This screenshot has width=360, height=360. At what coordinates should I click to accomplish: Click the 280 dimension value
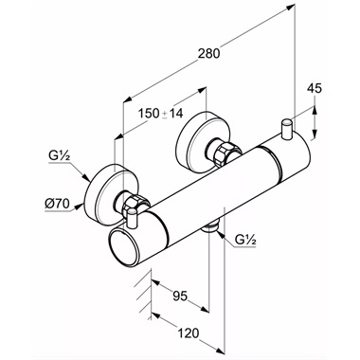tap(208, 53)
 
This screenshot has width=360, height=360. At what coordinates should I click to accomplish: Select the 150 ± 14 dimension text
tap(161, 114)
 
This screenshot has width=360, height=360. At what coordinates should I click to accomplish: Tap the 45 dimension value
tap(315, 89)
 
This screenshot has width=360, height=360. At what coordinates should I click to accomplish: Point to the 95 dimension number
tap(180, 296)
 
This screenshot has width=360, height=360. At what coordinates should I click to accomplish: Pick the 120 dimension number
tap(189, 333)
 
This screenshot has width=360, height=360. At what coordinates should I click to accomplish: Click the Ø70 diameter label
tap(57, 204)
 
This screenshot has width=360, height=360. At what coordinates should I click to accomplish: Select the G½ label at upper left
tap(59, 156)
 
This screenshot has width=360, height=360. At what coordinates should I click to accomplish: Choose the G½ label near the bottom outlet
tap(245, 241)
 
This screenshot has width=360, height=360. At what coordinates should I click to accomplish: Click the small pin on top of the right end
tap(287, 128)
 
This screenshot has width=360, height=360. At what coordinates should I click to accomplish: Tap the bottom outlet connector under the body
tap(210, 227)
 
